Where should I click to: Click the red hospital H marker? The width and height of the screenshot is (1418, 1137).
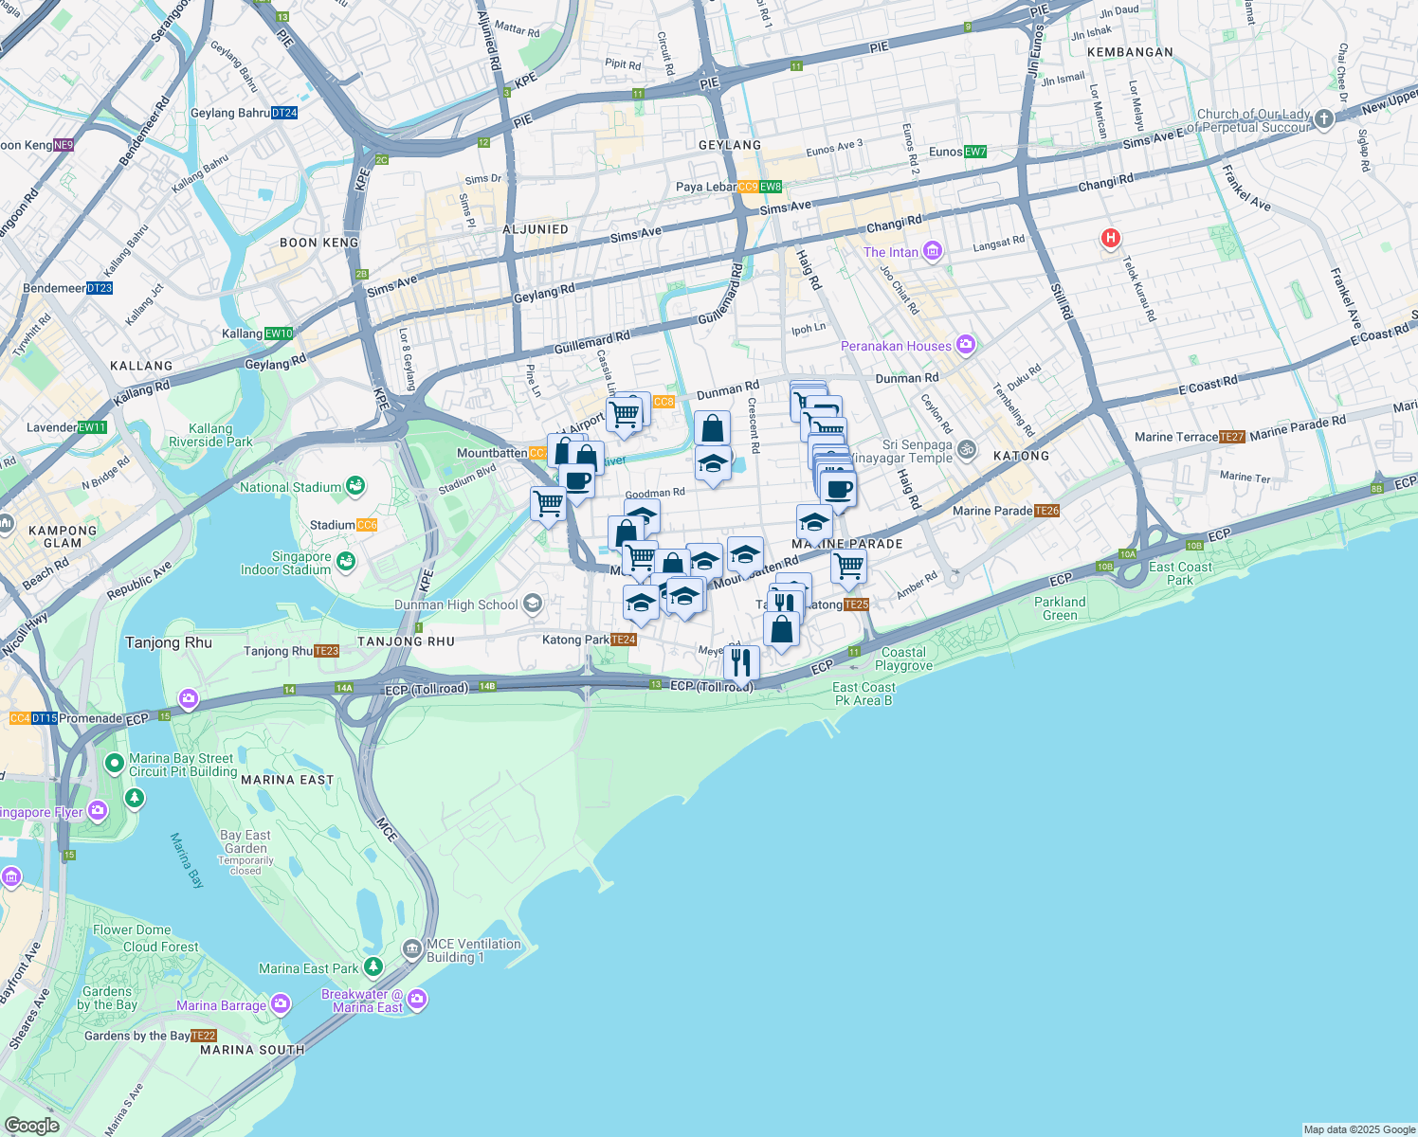[1110, 239]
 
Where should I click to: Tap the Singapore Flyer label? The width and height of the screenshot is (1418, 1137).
[42, 812]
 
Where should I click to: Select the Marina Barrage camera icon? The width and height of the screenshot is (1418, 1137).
[281, 1003]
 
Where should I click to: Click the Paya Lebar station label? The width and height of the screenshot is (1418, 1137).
[705, 187]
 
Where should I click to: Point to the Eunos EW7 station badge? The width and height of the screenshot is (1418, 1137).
[975, 152]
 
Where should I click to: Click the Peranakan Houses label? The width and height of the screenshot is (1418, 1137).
[896, 346]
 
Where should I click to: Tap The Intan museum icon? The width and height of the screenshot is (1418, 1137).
[933, 251]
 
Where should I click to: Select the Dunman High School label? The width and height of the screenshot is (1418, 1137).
[456, 605]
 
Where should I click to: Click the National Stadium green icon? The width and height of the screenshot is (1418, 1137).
[355, 486]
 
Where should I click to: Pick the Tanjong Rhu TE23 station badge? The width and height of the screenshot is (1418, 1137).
[326, 651]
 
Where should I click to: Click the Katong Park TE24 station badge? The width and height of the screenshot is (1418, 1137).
[624, 640]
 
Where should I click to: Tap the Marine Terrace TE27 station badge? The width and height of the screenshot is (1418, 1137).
[1231, 437]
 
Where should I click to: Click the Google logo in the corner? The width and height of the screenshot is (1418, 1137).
[32, 1125]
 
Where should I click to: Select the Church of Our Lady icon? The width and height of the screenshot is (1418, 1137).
[1324, 119]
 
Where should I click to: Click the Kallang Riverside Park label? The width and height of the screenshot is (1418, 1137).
[210, 435]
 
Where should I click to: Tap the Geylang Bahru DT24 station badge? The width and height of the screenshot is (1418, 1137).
[284, 113]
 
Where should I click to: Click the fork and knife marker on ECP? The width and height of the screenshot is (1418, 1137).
[741, 661]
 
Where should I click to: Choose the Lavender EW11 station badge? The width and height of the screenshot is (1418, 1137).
[93, 427]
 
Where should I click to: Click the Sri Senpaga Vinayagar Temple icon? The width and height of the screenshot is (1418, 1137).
[966, 449]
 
